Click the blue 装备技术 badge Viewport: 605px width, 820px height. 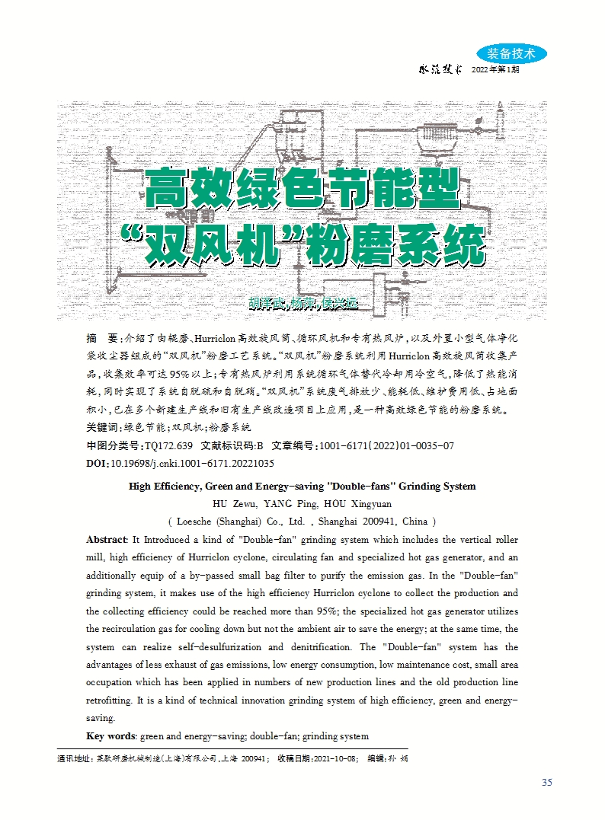point(511,53)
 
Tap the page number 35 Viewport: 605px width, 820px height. point(546,783)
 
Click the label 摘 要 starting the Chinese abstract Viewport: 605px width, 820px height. point(102,337)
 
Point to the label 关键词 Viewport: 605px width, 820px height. point(103,428)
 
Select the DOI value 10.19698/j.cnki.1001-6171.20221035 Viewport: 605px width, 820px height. point(193,463)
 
